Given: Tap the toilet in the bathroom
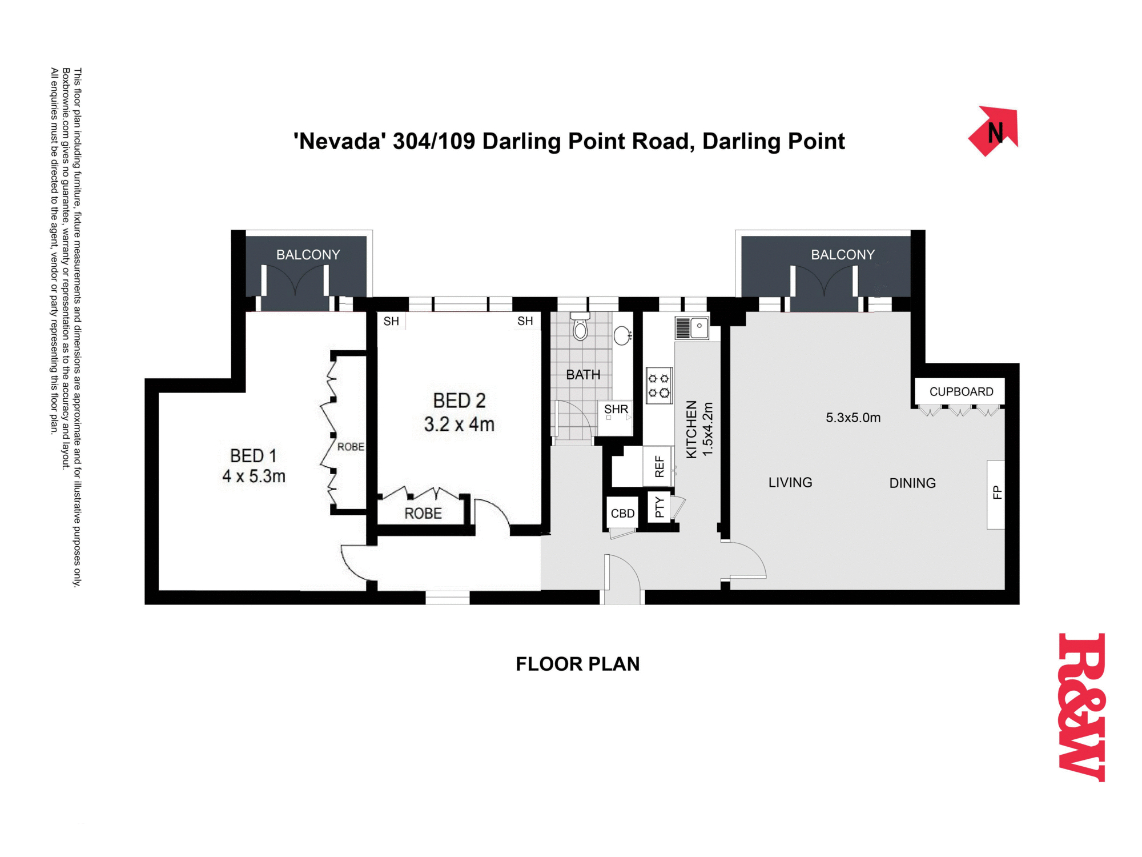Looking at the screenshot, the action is pyautogui.click(x=580, y=326).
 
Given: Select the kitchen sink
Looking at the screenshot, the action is pyautogui.click(x=692, y=327).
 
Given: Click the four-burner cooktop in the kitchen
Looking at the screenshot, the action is pyautogui.click(x=659, y=386).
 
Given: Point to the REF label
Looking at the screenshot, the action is pyautogui.click(x=660, y=466).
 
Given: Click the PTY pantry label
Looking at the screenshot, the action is pyautogui.click(x=660, y=507).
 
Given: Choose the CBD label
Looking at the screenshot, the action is pyautogui.click(x=622, y=513).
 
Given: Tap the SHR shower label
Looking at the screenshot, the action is pyautogui.click(x=616, y=409).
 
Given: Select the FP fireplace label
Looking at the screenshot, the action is pyautogui.click(x=997, y=492).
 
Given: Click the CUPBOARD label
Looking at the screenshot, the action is pyautogui.click(x=961, y=391).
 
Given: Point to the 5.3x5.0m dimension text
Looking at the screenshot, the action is pyautogui.click(x=853, y=418).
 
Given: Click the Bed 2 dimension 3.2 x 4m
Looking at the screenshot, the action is pyautogui.click(x=459, y=425).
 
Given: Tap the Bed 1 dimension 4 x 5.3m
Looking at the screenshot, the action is pyautogui.click(x=254, y=476).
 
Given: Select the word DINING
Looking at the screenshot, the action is pyautogui.click(x=912, y=483).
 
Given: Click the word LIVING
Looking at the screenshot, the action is pyautogui.click(x=790, y=483).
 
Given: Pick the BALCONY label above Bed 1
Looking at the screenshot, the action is pyautogui.click(x=308, y=255).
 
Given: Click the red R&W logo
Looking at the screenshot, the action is pyautogui.click(x=1081, y=707).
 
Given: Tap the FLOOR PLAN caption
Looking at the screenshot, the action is pyautogui.click(x=578, y=664).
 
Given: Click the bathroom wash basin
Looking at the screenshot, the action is pyautogui.click(x=622, y=335).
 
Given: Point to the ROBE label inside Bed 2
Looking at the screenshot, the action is pyautogui.click(x=423, y=514).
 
